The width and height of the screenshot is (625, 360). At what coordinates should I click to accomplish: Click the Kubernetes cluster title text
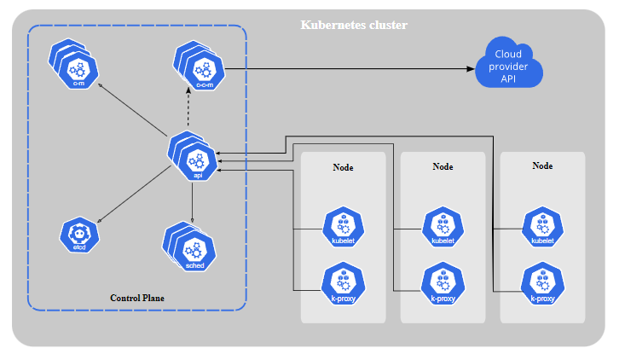tap(354, 25)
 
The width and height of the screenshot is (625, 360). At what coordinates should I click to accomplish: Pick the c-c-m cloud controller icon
tap(203, 70)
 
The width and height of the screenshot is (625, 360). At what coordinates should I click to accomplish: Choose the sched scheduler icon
tap(195, 250)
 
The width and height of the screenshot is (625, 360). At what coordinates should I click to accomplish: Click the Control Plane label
tap(137, 298)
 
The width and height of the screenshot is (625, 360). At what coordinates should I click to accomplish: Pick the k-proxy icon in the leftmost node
tap(343, 283)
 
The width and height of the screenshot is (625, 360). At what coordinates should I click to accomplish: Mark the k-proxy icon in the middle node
tap(443, 283)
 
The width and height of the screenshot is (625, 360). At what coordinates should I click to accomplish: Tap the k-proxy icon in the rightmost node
tap(542, 283)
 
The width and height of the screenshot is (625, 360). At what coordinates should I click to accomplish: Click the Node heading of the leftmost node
tap(343, 167)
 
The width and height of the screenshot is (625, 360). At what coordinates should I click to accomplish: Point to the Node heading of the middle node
tap(443, 166)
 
